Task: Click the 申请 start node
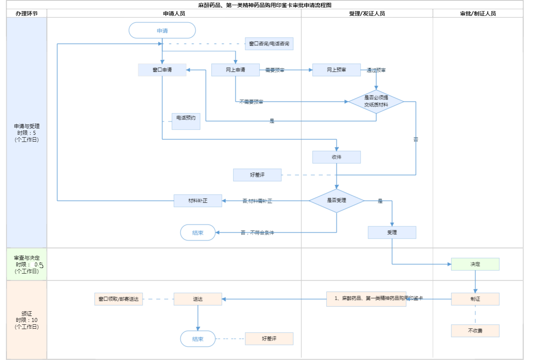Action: point(162,31)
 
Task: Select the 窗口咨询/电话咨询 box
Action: point(269,44)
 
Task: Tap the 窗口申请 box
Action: point(162,70)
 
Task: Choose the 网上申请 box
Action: point(235,70)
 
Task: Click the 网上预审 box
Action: point(336,70)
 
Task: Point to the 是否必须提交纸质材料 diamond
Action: point(376,101)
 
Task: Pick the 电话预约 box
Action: point(186,121)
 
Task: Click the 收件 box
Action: point(336,157)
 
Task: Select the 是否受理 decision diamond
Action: point(336,201)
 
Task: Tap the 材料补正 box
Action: point(198,201)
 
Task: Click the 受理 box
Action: point(392,232)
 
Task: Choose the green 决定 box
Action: point(475,264)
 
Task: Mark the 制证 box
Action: point(475,299)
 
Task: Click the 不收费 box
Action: point(475,331)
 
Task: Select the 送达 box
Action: point(198,299)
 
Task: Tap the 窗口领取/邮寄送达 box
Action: point(118,299)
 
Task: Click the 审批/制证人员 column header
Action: point(478,13)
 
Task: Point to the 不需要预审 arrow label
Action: point(251,102)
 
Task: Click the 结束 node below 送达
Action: point(198,339)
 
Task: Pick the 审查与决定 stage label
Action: point(27,258)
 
